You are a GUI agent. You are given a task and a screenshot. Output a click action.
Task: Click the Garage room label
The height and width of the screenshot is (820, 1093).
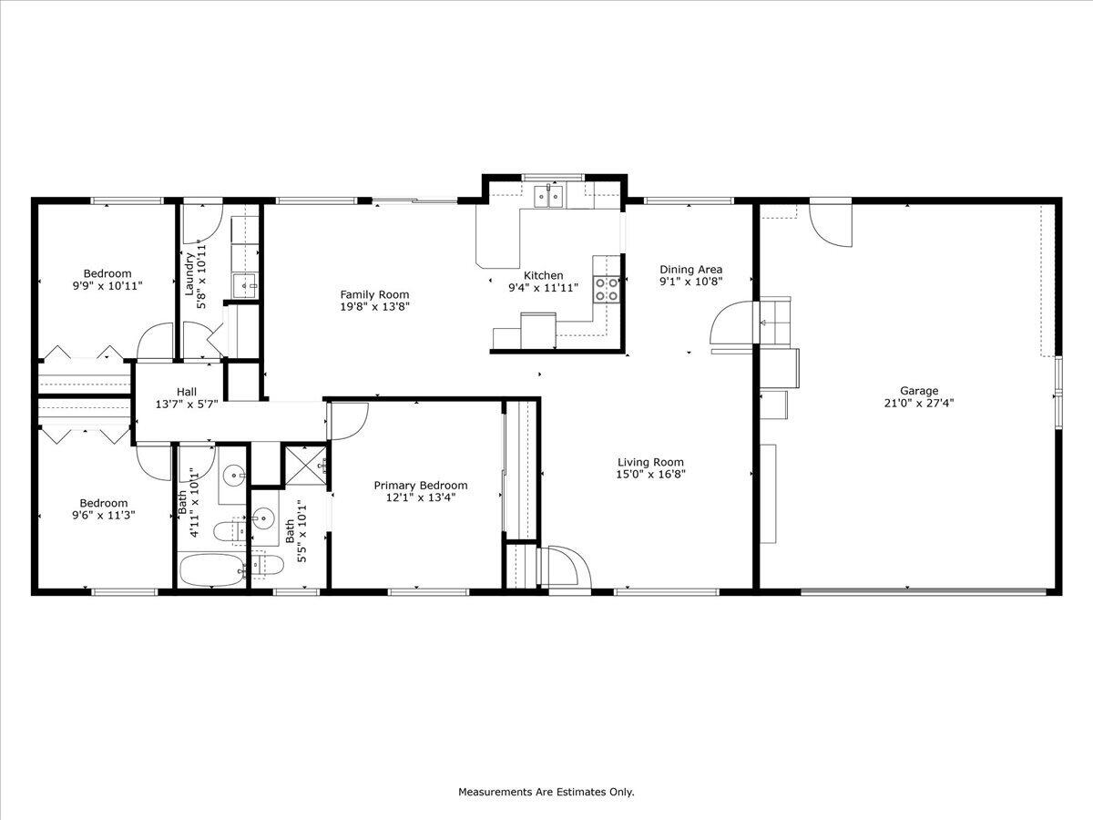pyautogui.click(x=919, y=391)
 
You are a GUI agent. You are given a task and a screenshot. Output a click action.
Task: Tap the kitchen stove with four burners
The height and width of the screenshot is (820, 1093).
pyautogui.click(x=607, y=289)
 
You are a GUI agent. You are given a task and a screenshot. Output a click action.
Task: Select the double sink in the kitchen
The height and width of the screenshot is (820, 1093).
pyautogui.click(x=549, y=195)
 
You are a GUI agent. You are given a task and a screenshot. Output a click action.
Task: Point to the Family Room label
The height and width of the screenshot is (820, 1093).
pyautogui.click(x=374, y=294)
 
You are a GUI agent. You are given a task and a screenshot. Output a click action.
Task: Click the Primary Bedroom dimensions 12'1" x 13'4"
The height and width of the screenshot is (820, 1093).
pyautogui.click(x=420, y=497)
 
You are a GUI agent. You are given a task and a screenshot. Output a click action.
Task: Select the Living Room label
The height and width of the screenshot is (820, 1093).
pyautogui.click(x=650, y=462)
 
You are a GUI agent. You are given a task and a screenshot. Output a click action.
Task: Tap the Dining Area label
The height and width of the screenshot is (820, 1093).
pyautogui.click(x=690, y=269)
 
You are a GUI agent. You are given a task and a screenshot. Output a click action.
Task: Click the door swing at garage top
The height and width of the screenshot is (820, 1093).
pyautogui.click(x=831, y=226)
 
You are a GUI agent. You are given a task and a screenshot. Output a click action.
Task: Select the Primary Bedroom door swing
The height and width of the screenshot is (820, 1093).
pyautogui.click(x=349, y=420)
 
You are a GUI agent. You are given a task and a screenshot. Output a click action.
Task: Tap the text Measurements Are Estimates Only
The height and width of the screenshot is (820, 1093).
pyautogui.click(x=546, y=792)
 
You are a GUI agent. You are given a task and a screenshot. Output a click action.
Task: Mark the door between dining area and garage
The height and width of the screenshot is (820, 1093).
pyautogui.click(x=733, y=323)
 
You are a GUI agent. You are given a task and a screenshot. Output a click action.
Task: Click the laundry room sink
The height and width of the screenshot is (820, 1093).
pyautogui.click(x=243, y=286)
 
